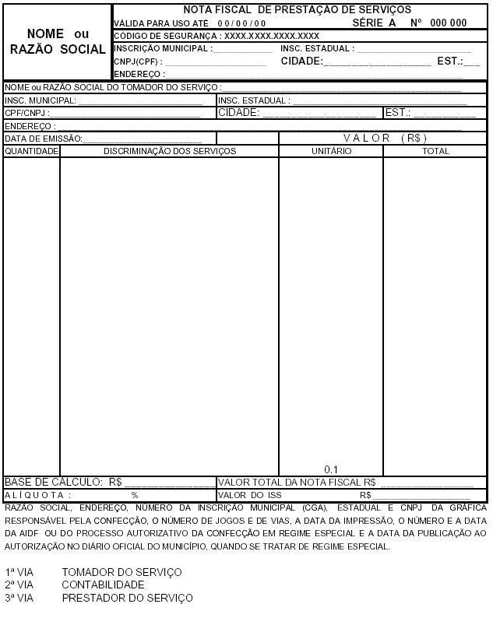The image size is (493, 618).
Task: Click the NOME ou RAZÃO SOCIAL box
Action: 56,42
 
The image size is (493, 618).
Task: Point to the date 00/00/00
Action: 241,23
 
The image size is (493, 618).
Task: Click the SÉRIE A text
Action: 374,23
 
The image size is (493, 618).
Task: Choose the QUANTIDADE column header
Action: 32,151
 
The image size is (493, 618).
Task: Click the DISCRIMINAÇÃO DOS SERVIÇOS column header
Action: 170,151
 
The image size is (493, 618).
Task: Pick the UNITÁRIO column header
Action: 331,151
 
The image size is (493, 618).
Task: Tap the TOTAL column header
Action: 435,151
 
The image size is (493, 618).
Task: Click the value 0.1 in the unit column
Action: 331,469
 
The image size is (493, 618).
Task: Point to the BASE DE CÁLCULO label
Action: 54,482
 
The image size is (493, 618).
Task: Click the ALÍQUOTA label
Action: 37,495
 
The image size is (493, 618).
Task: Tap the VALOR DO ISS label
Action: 249,495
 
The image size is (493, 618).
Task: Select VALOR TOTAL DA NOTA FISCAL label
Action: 297,482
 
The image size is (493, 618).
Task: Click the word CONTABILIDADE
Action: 103,585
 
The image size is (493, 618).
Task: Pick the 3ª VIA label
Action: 19,598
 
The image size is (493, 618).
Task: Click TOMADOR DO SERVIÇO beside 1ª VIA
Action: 121,572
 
